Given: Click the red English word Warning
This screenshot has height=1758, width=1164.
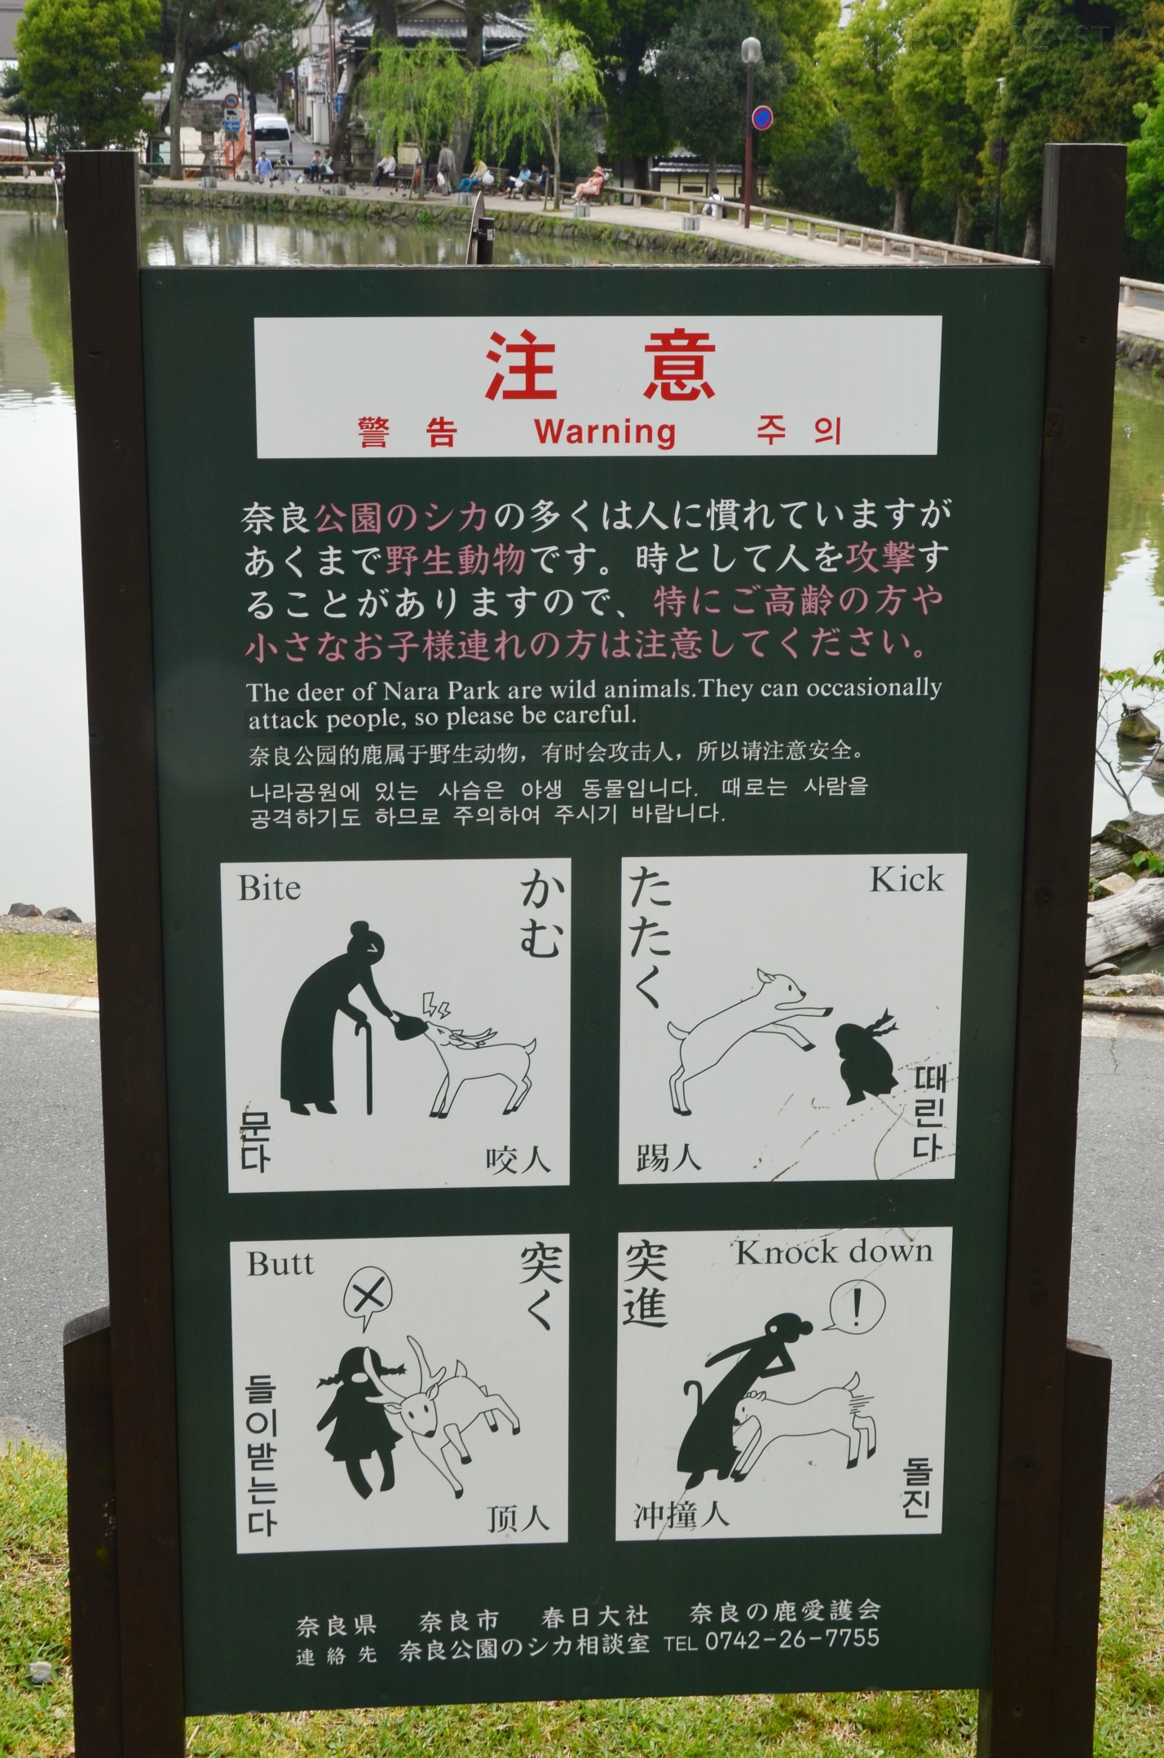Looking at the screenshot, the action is pyautogui.click(x=605, y=431).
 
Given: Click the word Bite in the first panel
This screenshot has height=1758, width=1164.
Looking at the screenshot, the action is pyautogui.click(x=269, y=888).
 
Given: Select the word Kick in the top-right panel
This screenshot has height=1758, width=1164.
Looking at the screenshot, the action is pyautogui.click(x=906, y=880).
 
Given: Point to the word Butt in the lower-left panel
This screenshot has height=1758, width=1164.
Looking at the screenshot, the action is pyautogui.click(x=280, y=1264).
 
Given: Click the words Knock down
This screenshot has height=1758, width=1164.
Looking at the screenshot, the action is pyautogui.click(x=833, y=1252).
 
